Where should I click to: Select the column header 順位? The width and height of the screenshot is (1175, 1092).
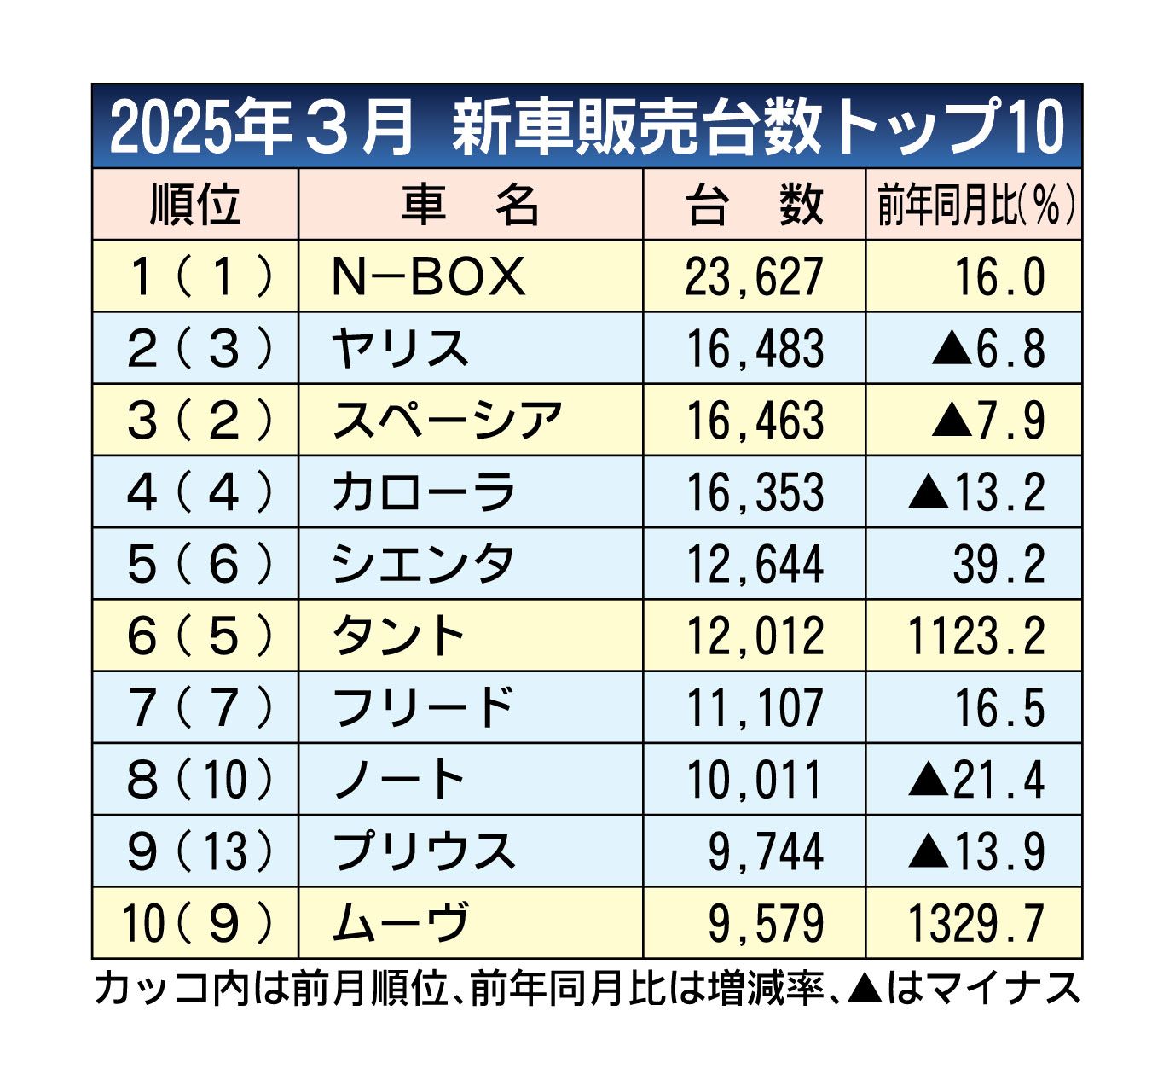click(195, 205)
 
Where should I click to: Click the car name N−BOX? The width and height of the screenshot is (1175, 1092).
click(428, 277)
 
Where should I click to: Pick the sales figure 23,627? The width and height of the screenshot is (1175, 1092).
click(755, 277)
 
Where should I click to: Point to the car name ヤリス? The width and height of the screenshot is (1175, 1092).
click(401, 349)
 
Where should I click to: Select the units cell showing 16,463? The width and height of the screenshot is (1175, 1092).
click(755, 421)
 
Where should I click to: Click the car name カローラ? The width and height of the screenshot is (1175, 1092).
click(424, 492)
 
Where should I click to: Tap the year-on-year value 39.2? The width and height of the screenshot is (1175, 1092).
click(998, 564)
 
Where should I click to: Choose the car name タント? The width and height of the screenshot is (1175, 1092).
click(399, 636)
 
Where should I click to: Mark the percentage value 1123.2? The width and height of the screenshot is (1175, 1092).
click(976, 636)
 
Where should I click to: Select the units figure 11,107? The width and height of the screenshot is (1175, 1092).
click(755, 707)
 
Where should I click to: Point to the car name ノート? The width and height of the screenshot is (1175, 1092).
click(399, 779)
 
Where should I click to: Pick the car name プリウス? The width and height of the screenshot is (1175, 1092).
click(424, 851)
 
